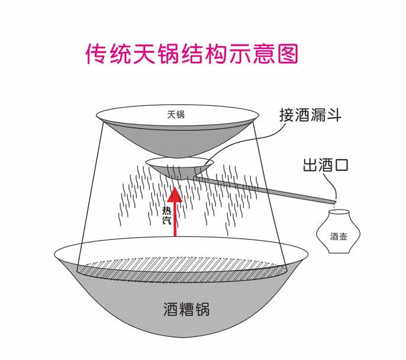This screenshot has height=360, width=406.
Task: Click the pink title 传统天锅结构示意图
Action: coord(192,54)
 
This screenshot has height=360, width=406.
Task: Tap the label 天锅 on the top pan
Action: coord(176,115)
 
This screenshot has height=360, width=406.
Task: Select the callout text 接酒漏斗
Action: coord(310,115)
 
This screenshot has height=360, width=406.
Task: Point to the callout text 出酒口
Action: coord(326,165)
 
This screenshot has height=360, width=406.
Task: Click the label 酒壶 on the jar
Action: coord(339,236)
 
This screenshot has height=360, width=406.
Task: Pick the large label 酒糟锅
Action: coord(186,309)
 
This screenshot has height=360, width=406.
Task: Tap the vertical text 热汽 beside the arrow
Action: coord(166,215)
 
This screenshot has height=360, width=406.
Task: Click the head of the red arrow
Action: coord(175,194)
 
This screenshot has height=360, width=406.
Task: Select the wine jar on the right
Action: coord(338,232)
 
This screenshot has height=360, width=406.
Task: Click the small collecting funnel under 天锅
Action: coord(179,168)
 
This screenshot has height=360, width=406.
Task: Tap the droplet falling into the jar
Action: coord(334,207)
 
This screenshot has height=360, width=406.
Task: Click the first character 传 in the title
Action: coord(96,54)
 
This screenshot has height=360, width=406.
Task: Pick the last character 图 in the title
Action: coord(288,54)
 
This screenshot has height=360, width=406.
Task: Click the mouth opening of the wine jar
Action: coord(339,212)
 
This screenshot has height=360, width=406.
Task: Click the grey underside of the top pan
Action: coord(177,141)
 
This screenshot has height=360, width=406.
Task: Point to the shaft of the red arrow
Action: coord(175,219)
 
